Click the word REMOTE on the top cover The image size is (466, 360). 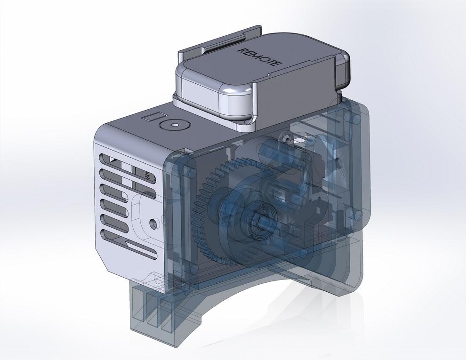point(260,56)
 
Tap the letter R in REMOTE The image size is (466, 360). point(243,50)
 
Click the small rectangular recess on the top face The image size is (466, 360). point(154,116)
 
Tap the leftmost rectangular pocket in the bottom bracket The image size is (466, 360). point(139,306)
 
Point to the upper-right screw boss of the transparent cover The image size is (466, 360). point(349,116)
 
